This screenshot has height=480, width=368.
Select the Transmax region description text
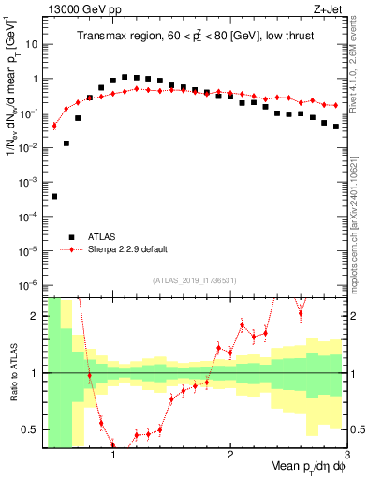195,37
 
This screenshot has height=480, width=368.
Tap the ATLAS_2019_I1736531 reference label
194,280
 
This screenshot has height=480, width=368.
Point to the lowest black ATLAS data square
54,196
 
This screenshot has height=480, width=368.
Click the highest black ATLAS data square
125,77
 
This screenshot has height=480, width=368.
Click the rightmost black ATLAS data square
336,127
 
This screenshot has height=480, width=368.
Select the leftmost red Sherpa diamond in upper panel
54,126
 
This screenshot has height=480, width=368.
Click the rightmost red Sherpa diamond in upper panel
336,105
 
